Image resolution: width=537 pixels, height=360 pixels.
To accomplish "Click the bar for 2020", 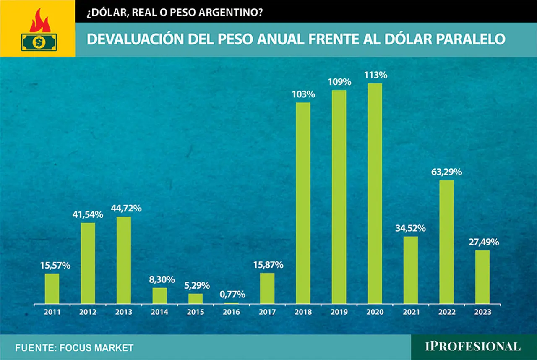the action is (x=375, y=193).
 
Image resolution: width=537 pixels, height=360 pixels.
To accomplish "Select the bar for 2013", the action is (x=124, y=260).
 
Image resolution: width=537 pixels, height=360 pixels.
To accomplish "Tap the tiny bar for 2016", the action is (x=231, y=303).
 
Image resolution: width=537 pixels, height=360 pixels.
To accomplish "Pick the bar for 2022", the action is (x=447, y=242).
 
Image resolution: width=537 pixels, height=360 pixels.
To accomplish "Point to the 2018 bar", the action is (x=303, y=203).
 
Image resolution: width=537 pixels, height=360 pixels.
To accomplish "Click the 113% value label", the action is (x=375, y=75).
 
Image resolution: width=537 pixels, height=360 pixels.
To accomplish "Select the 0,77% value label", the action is (x=232, y=295).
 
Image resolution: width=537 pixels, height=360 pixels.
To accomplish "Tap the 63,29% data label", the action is (x=447, y=172).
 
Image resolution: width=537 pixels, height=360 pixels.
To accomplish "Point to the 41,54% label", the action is (x=88, y=215).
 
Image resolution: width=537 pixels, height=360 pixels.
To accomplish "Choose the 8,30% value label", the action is (x=162, y=280).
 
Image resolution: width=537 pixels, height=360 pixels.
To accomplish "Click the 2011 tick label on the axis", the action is (x=52, y=312).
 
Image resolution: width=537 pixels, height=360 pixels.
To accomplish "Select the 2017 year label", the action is (x=267, y=312).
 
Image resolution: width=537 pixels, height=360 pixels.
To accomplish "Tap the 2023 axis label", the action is (x=482, y=312).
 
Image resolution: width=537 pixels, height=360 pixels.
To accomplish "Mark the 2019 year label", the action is (x=339, y=312).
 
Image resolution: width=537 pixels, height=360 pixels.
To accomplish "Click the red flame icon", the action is (x=40, y=21).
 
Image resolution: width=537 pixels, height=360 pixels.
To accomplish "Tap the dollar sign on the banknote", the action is (x=39, y=42).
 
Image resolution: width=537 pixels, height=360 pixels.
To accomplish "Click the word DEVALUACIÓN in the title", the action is (x=135, y=39).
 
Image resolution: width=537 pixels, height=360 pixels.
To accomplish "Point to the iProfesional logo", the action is (x=473, y=347).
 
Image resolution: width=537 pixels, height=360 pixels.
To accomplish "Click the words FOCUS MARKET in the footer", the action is (x=96, y=348).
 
